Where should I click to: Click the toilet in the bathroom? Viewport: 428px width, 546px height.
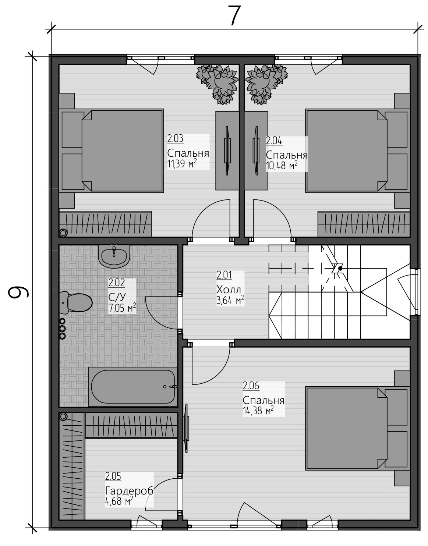coord(76,302)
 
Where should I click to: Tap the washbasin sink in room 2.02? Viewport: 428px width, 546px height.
coord(114,255)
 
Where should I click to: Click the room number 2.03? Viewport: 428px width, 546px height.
coord(175,139)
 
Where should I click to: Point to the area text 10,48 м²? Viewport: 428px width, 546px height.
coord(282,166)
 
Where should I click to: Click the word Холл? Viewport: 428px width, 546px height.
coord(229,290)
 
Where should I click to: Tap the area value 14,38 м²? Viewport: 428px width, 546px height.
coord(258,411)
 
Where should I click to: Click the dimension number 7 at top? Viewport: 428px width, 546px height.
coord(235,16)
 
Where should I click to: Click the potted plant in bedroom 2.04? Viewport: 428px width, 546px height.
coord(266,84)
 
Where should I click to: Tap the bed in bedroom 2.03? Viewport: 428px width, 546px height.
coord(112,151)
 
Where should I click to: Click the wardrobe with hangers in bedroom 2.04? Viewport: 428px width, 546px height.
coord(364,224)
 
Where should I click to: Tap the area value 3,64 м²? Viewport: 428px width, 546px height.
coord(230,300)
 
